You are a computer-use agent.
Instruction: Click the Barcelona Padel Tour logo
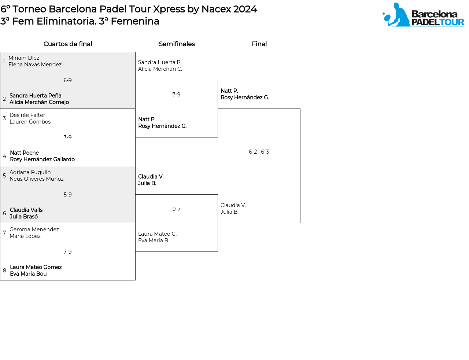423,15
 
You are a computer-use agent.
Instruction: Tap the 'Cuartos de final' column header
68,44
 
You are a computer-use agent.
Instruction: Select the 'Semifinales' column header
177,44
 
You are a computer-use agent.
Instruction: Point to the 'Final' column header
259,44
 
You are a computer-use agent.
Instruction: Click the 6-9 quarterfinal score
68,80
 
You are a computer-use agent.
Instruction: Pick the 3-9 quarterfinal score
68,137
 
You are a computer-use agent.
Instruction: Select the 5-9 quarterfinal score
68,195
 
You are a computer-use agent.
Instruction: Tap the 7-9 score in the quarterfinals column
68,252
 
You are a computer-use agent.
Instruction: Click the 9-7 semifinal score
177,209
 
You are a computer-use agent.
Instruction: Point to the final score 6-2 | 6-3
259,152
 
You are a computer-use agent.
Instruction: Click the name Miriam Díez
24,58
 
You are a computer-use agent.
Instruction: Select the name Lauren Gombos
30,122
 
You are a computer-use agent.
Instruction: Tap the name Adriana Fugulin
30,172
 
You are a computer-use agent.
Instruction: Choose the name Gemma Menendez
34,229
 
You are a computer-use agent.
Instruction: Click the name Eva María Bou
28,274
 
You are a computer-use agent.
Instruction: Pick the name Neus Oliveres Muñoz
37,179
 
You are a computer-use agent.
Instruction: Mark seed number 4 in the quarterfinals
4,156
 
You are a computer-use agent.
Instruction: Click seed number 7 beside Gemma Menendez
4,233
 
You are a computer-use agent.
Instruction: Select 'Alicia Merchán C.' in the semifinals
160,69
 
